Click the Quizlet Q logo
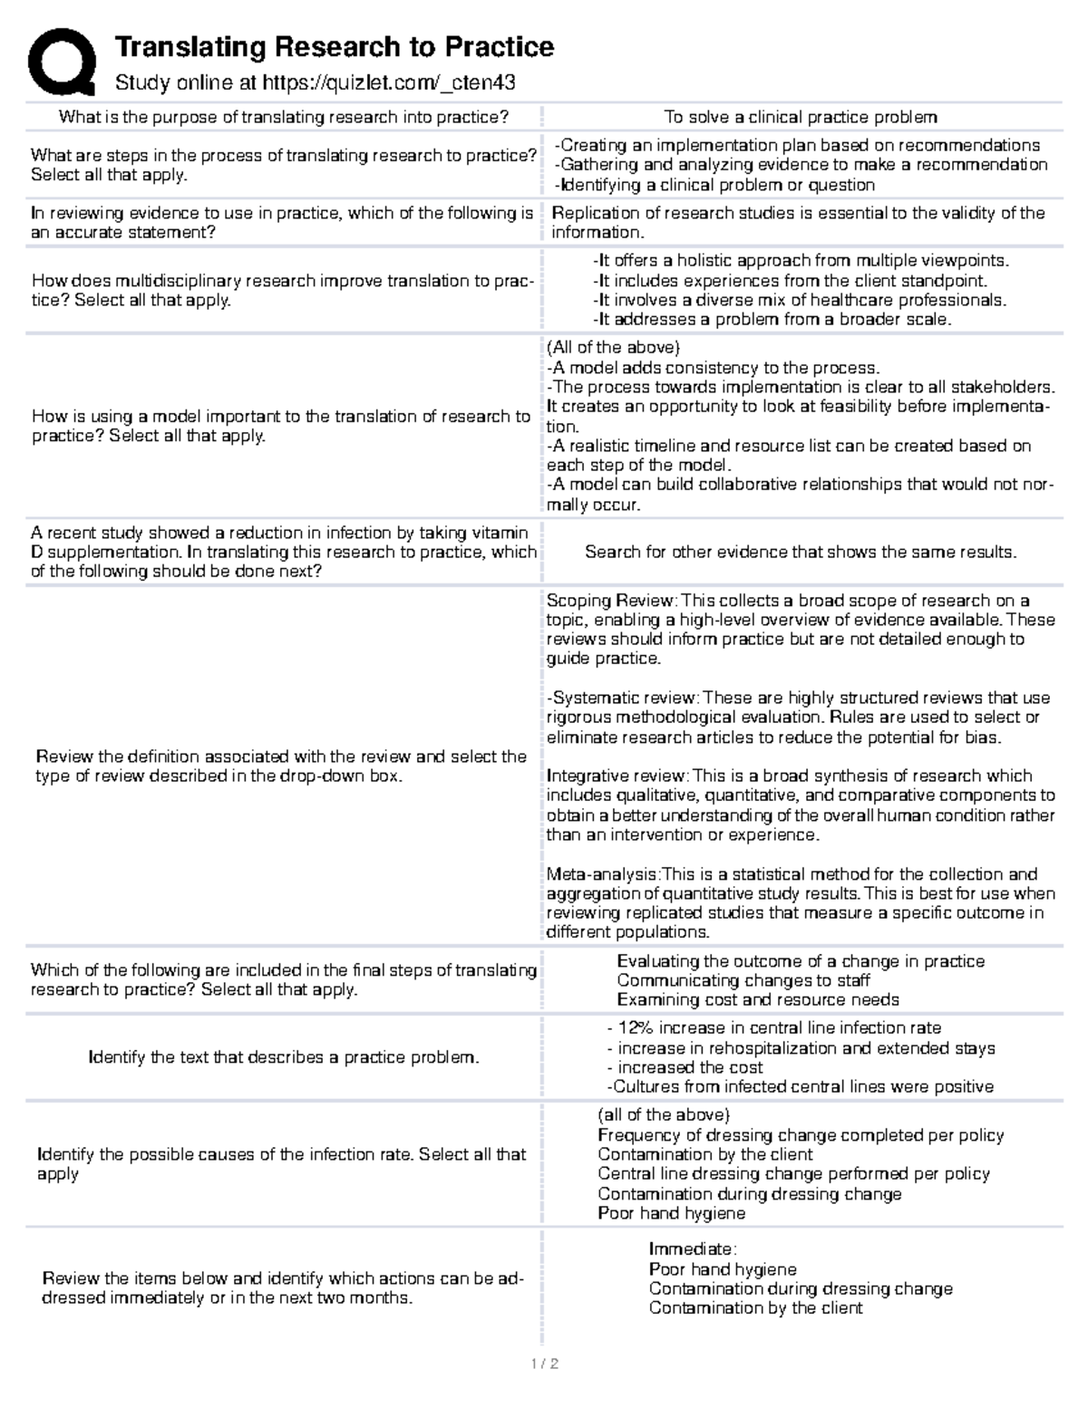coord(62,62)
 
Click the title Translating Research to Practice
coord(334,46)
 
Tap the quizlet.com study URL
coord(388,83)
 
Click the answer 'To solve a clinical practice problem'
coord(801,117)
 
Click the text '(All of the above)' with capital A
coord(613,348)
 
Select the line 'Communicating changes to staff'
coord(743,980)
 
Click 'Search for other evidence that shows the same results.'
coord(801,552)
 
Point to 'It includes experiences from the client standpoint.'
coord(789,281)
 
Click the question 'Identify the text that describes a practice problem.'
coord(283,1057)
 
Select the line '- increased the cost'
coord(685,1067)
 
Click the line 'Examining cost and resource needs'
coord(758,1000)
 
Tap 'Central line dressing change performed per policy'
coord(793,1174)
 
